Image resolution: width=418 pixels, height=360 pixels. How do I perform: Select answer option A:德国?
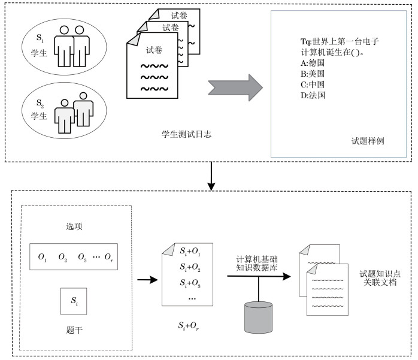pyautogui.click(x=312, y=62)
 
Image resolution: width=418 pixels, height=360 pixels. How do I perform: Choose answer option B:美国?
pyautogui.click(x=312, y=73)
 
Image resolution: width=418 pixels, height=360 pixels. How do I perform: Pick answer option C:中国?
pyautogui.click(x=312, y=84)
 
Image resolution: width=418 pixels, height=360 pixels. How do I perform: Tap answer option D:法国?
pyautogui.click(x=312, y=95)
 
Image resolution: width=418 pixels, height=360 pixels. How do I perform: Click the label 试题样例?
pyautogui.click(x=368, y=142)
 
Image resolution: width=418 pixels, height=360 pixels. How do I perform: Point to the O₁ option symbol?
pyautogui.click(x=43, y=257)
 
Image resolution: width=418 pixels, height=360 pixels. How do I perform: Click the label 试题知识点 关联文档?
pyautogui.click(x=378, y=277)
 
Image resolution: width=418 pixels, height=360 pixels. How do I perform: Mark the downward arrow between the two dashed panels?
pyautogui.click(x=210, y=175)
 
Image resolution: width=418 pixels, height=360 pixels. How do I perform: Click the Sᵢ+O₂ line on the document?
pyautogui.click(x=191, y=266)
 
